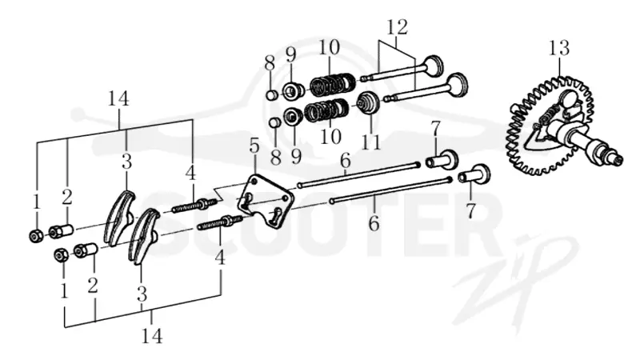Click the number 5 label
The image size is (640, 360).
tap(254, 147)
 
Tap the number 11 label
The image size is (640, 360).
tap(371, 142)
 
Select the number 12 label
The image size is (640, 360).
tap(397, 27)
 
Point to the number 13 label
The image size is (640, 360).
tap(558, 48)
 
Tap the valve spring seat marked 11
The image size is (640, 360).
tap(369, 102)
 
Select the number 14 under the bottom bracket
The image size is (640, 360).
tap(152, 335)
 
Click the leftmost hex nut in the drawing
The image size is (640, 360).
tap(35, 235)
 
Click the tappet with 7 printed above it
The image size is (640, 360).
tap(442, 158)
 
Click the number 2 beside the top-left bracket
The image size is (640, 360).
tap(67, 197)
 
